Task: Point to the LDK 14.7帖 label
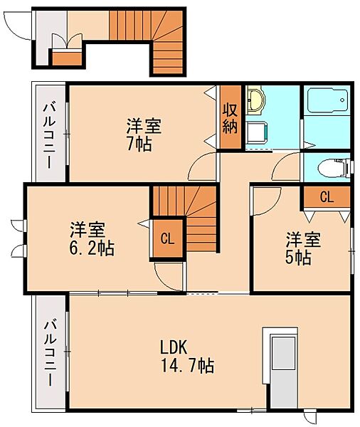[186, 357]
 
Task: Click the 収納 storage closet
[230, 117]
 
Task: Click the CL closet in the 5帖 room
[327, 196]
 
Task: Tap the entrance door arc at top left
[16, 26]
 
